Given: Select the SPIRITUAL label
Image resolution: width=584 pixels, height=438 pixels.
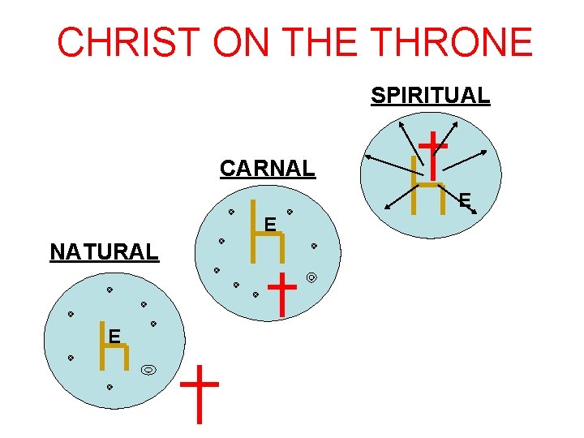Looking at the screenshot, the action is tap(430, 96).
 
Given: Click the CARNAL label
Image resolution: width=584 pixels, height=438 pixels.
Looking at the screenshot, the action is tap(267, 169).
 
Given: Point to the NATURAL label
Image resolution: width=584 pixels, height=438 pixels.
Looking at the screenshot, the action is tap(104, 252).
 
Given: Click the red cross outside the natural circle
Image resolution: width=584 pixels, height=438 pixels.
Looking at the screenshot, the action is tap(198, 393).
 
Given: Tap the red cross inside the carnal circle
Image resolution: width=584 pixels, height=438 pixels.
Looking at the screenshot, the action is tap(281, 294).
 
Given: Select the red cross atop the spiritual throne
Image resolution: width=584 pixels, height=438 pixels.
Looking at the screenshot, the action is tap(434, 155).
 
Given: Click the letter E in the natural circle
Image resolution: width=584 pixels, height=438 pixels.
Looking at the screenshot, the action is tap(115, 336).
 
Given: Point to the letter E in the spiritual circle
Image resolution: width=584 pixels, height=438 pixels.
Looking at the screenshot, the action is tap(464, 199).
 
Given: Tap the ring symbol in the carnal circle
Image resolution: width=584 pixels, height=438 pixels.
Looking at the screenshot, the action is tap(311, 278).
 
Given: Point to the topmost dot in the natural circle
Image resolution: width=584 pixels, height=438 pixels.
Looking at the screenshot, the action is tap(109, 290).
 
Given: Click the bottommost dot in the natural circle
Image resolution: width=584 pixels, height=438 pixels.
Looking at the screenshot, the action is tap(109, 388).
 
